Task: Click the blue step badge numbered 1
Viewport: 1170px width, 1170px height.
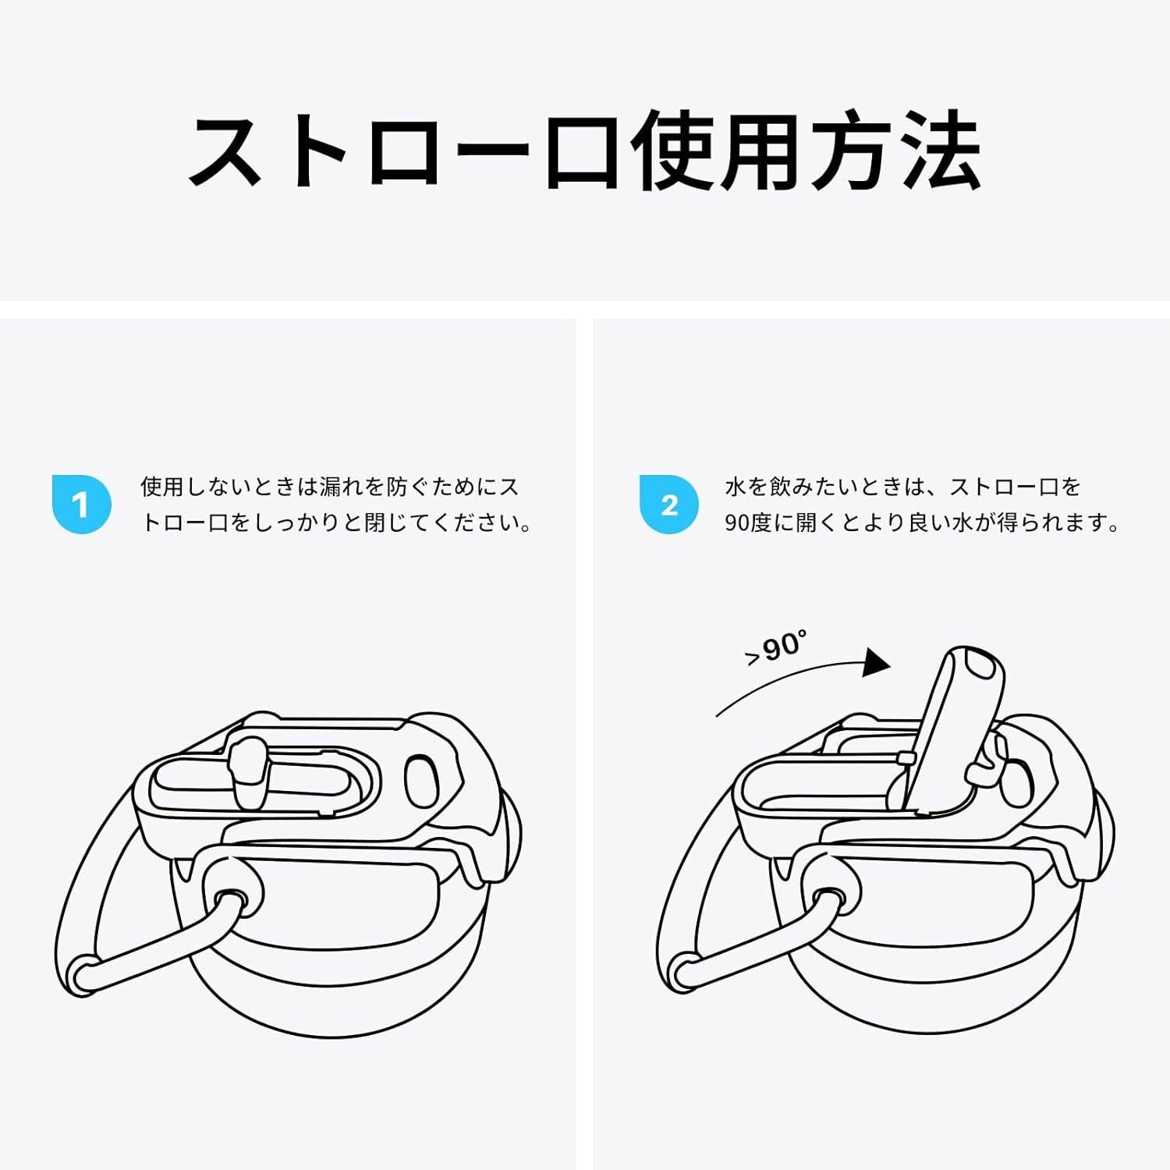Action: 81,504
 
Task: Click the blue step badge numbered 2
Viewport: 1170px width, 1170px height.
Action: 668,504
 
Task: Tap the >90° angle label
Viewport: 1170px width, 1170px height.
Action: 775,649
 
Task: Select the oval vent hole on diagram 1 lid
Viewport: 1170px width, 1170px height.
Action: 422,782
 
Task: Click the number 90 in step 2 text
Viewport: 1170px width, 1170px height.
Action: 736,523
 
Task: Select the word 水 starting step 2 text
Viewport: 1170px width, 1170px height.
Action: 736,487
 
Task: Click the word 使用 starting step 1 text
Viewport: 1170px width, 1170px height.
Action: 161,487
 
